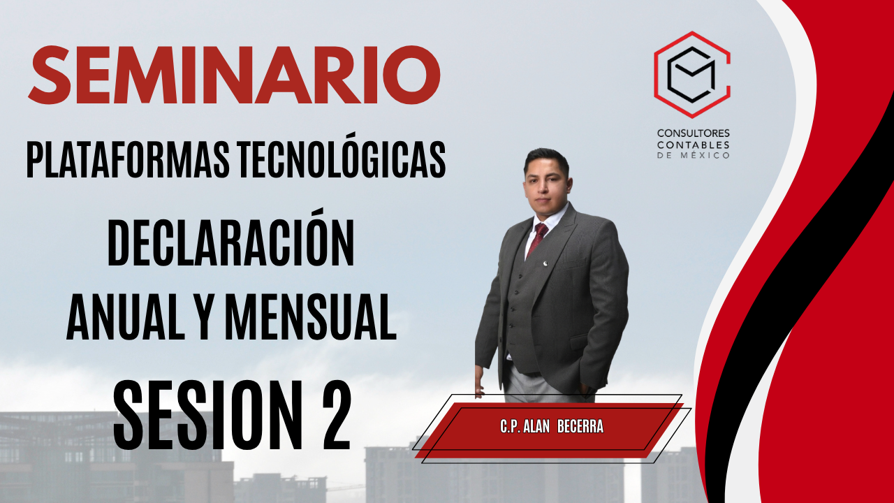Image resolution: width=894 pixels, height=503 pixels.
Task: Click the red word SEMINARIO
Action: point(234,75)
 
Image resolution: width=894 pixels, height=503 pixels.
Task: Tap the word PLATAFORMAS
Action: point(128,160)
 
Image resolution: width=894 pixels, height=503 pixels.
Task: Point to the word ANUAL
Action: point(125,316)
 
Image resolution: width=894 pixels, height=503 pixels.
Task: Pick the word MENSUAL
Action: point(311,316)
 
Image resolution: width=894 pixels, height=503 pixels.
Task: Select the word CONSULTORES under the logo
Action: point(694,133)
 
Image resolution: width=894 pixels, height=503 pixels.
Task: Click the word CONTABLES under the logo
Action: point(694,145)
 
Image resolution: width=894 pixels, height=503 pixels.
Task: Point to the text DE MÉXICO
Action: point(694,155)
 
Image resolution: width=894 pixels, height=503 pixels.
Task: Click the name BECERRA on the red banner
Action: point(580,427)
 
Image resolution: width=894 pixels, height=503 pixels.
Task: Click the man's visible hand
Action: point(479,381)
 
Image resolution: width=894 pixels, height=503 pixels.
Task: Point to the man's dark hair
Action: point(546,159)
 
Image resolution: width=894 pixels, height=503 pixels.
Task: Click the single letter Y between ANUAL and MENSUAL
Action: point(205,316)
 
